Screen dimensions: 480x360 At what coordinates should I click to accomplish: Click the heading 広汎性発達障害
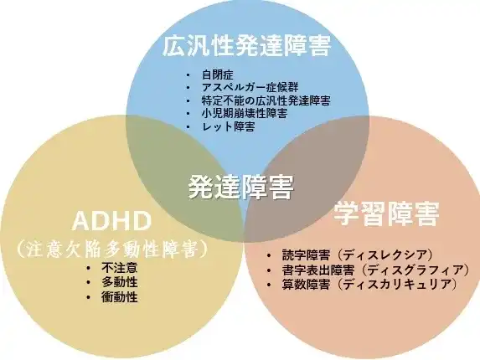[247, 46]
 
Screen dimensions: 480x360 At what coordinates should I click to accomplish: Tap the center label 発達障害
[241, 187]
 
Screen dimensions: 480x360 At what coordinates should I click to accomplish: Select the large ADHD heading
[111, 221]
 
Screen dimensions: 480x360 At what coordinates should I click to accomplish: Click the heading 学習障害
[386, 213]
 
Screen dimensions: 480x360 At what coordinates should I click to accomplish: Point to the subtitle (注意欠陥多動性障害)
[112, 249]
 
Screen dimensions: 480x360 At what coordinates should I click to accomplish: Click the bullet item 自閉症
[218, 75]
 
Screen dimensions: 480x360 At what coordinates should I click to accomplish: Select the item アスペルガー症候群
[250, 87]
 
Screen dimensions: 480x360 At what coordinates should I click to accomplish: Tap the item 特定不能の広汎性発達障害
[266, 100]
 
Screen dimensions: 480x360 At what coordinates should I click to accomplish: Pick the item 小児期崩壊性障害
[245, 113]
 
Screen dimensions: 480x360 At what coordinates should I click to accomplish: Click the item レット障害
[229, 126]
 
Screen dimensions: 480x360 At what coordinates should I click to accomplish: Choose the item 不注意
[120, 268]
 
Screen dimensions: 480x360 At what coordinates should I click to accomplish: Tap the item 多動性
[120, 282]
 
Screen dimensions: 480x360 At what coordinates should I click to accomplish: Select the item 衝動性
[120, 297]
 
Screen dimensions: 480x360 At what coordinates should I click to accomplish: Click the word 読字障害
[306, 255]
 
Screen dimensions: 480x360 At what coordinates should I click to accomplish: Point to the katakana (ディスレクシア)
[386, 255]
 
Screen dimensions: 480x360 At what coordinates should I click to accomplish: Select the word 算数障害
[306, 285]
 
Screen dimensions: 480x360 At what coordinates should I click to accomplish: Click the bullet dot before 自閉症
[188, 75]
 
